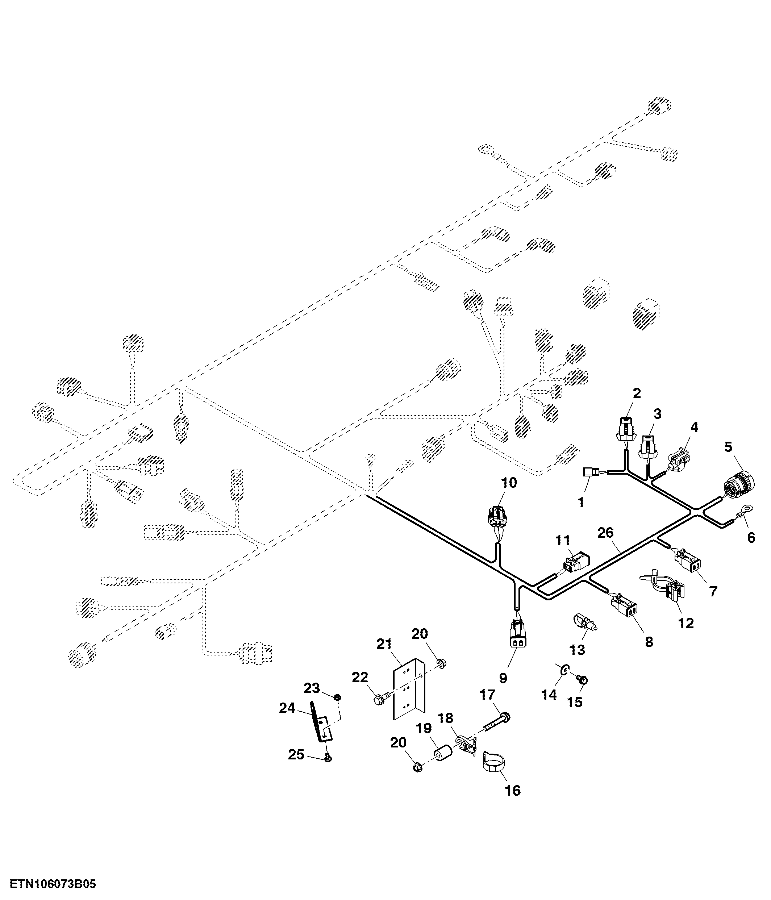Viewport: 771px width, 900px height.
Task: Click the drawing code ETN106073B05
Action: [x=53, y=884]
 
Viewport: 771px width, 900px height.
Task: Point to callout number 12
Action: [x=686, y=623]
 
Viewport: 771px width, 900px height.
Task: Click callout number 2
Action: [x=637, y=393]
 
